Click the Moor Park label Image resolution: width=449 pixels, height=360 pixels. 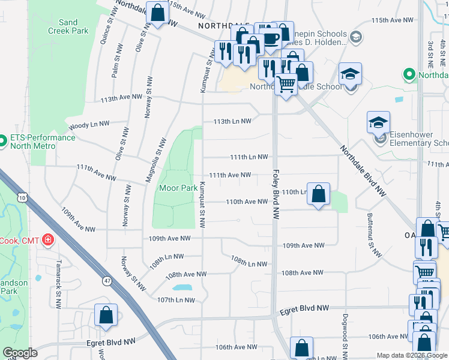[x=178, y=188]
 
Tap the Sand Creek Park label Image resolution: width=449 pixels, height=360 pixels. [x=68, y=26]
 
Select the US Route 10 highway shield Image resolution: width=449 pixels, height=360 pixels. [x=22, y=197]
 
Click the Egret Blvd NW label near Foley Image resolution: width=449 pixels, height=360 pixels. [x=306, y=308]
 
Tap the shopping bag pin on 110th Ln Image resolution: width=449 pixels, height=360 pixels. [x=319, y=194]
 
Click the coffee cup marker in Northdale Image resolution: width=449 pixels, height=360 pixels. [x=271, y=38]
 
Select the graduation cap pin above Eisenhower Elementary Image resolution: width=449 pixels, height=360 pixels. [x=378, y=122]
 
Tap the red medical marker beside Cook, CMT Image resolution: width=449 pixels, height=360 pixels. [x=47, y=241]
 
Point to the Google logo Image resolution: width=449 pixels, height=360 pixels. [x=20, y=353]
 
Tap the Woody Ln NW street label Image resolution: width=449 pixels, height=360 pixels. [x=89, y=125]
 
